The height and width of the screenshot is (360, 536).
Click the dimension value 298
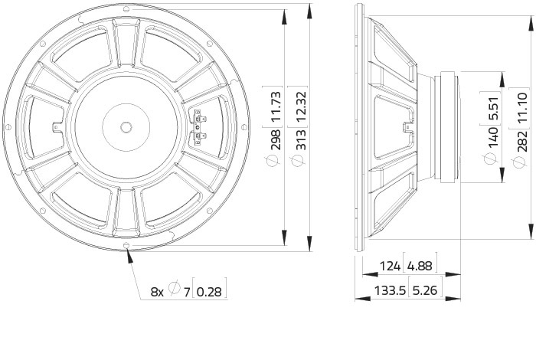[x=276, y=140]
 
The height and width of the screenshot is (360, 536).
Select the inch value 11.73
[x=276, y=106]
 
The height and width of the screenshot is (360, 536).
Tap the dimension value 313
[x=301, y=140]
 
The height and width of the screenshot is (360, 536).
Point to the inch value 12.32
[x=301, y=106]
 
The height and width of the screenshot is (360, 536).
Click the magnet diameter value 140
[x=493, y=138]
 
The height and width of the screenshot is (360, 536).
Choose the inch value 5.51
[x=493, y=109]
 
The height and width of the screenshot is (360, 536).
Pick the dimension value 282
[x=522, y=141]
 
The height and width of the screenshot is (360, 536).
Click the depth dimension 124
[x=390, y=266]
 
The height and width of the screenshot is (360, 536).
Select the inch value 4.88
[x=420, y=266]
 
